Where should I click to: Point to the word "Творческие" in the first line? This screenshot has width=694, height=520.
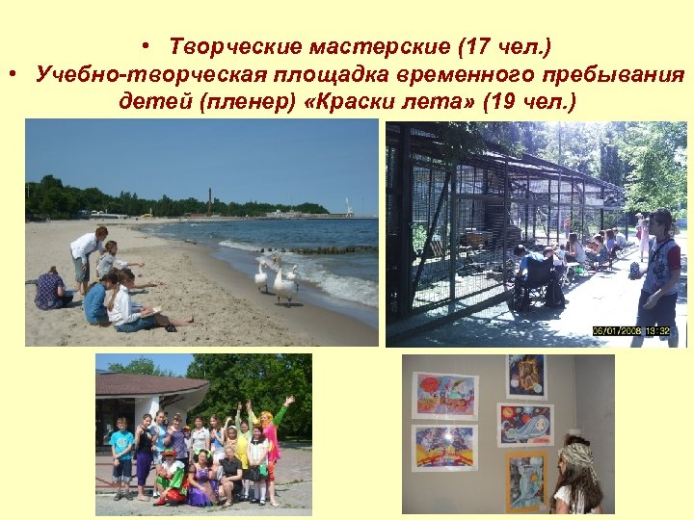(x=227, y=45)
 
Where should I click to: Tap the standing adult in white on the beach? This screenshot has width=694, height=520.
(x=88, y=255)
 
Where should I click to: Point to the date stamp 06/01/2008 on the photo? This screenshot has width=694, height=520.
(x=621, y=331)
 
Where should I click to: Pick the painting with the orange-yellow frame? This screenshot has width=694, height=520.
(x=526, y=479)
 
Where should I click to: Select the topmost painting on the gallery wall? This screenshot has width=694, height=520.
(x=527, y=376)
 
